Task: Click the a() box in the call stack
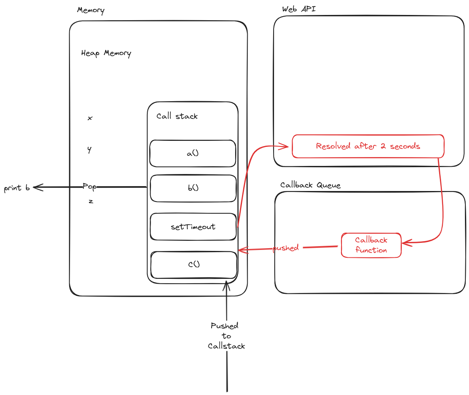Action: click(x=193, y=153)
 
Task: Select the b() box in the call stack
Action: click(x=193, y=188)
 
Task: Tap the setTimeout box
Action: click(x=193, y=227)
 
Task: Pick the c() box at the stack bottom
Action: click(x=193, y=265)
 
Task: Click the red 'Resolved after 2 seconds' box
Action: click(x=368, y=146)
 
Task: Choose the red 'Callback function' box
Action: click(x=371, y=245)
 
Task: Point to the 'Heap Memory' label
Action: click(x=106, y=53)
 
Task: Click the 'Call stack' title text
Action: click(x=177, y=116)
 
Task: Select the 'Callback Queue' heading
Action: click(x=310, y=185)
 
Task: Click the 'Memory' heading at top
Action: click(x=91, y=10)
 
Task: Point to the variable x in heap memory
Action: click(x=90, y=118)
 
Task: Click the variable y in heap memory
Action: click(x=89, y=150)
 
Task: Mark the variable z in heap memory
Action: click(x=91, y=201)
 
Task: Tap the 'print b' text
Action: click(x=17, y=188)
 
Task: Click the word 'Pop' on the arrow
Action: click(x=89, y=187)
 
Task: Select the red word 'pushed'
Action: click(x=286, y=248)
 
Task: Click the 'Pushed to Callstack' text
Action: click(x=226, y=336)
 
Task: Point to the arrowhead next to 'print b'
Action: click(x=37, y=187)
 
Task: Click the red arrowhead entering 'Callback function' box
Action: click(x=405, y=243)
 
